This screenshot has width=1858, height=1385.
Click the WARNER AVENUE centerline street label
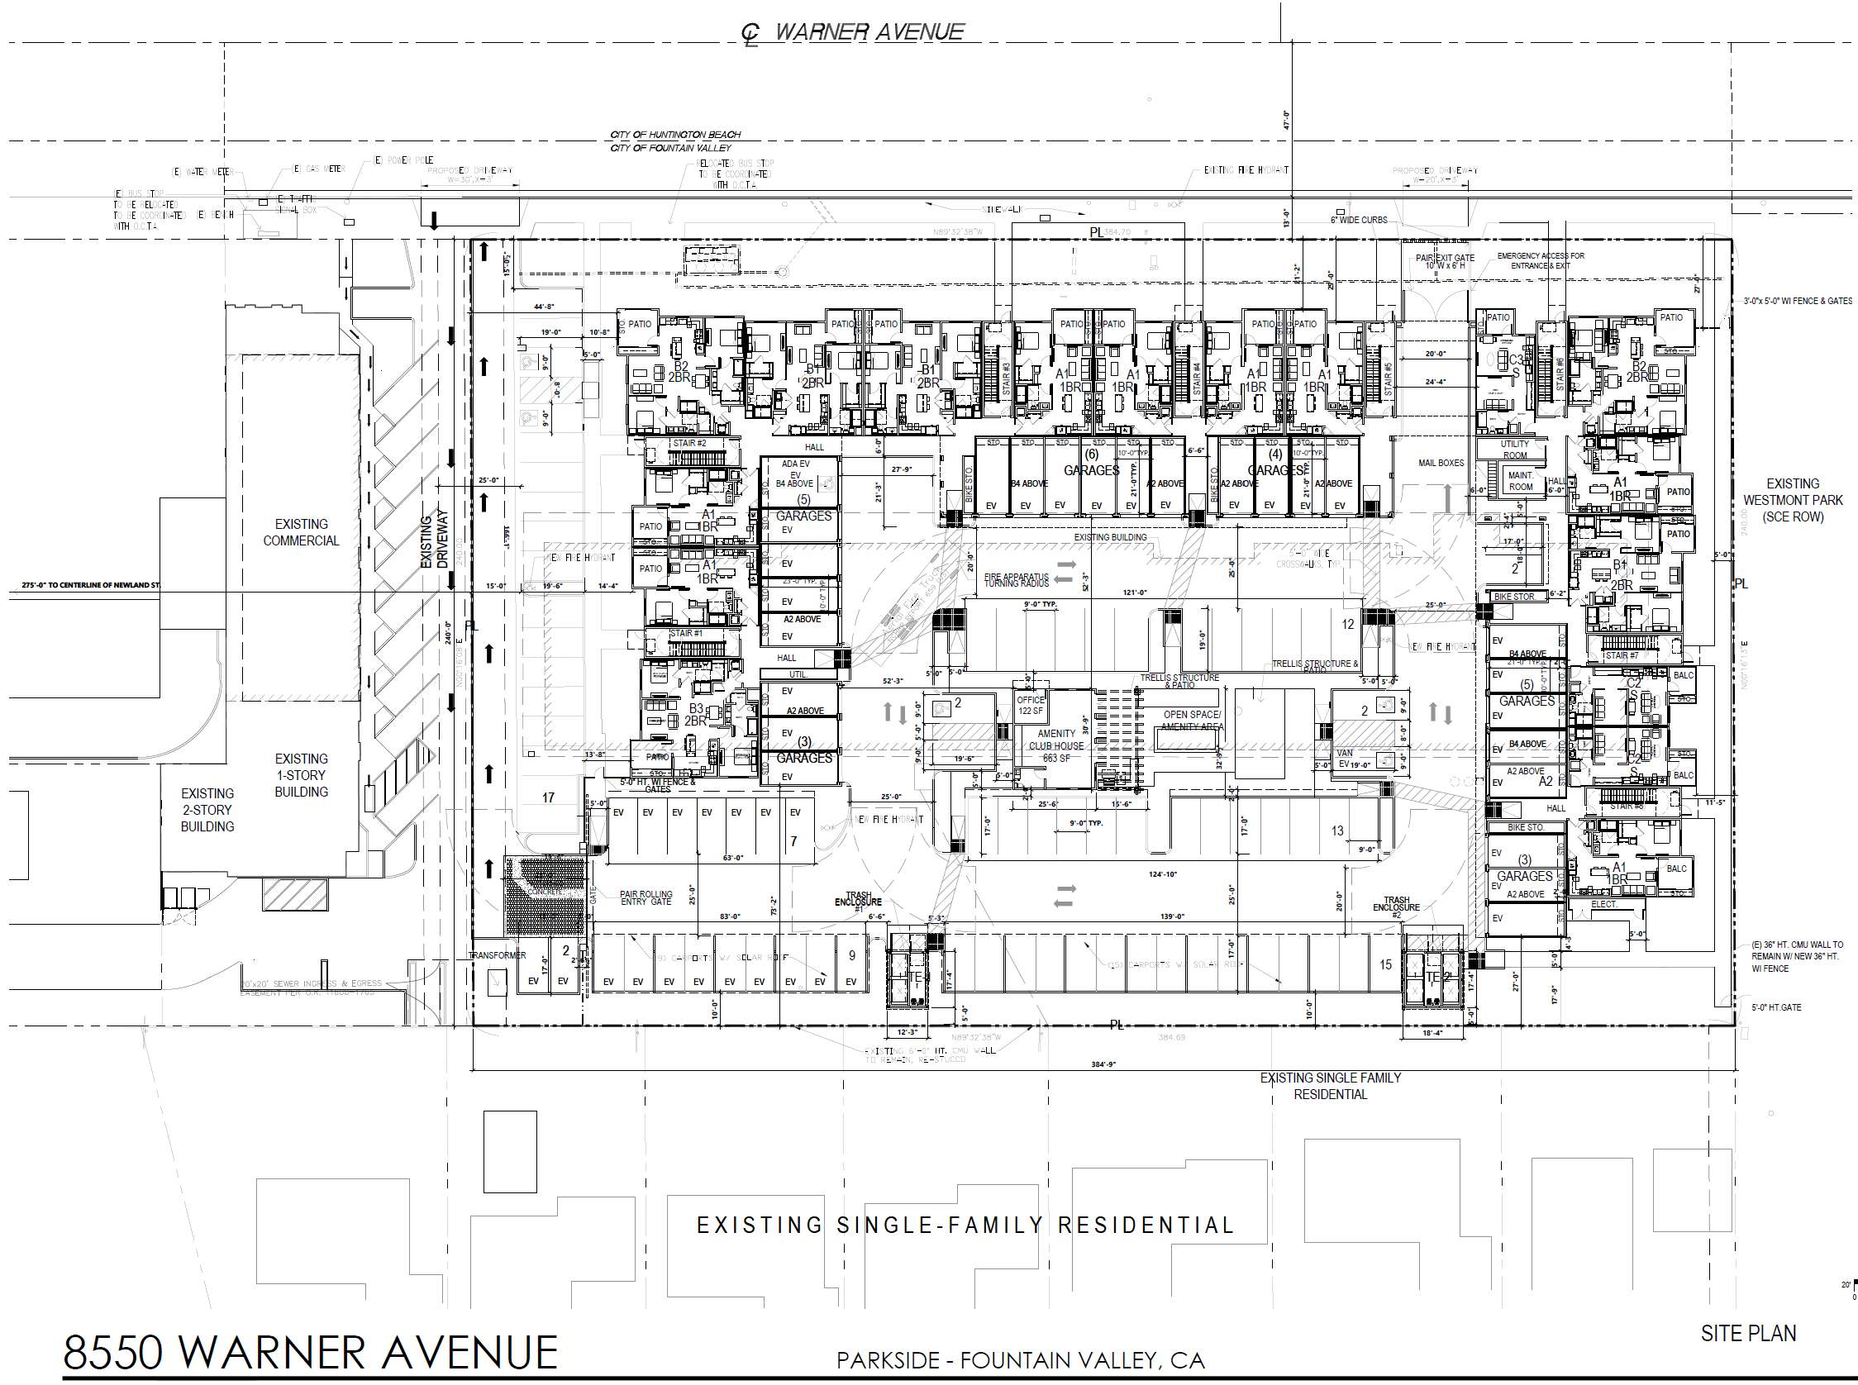(868, 32)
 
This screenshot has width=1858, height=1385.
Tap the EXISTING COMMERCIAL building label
(301, 532)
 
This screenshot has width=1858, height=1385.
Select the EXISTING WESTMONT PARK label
(1793, 501)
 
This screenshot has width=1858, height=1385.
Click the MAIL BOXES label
(1441, 463)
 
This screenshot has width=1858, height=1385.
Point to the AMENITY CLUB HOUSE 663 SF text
(1055, 745)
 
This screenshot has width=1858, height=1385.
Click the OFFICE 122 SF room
(1031, 705)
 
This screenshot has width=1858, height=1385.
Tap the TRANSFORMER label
(497, 955)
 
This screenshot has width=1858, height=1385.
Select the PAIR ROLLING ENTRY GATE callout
(646, 898)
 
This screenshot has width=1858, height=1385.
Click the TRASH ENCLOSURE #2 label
(1396, 904)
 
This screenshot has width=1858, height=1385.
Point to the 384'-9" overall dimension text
(1103, 1064)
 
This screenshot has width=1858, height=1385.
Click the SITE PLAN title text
(1747, 1333)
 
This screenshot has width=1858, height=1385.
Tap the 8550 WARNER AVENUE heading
(310, 1352)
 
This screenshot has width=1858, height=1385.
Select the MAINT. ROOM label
(1520, 481)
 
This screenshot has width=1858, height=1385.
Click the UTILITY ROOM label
(1514, 450)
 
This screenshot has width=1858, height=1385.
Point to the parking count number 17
(547, 797)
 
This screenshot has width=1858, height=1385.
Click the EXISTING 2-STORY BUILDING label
(207, 810)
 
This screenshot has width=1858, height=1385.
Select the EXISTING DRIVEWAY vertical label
(433, 541)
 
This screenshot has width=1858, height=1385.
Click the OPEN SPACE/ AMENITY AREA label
(1192, 721)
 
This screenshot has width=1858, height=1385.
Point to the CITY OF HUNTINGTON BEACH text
(675, 134)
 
